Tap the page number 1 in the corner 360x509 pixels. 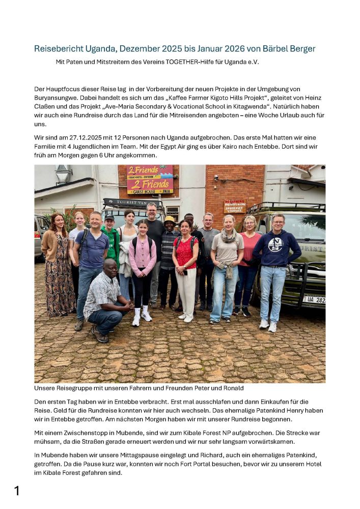[x=17, y=491]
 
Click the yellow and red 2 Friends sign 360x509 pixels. [x=150, y=179]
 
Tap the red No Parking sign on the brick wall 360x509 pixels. [x=235, y=206]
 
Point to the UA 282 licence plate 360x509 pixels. [x=314, y=300]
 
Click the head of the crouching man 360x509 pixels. [x=110, y=269]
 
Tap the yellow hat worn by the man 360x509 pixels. [x=169, y=220]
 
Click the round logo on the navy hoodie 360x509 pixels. [x=275, y=244]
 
